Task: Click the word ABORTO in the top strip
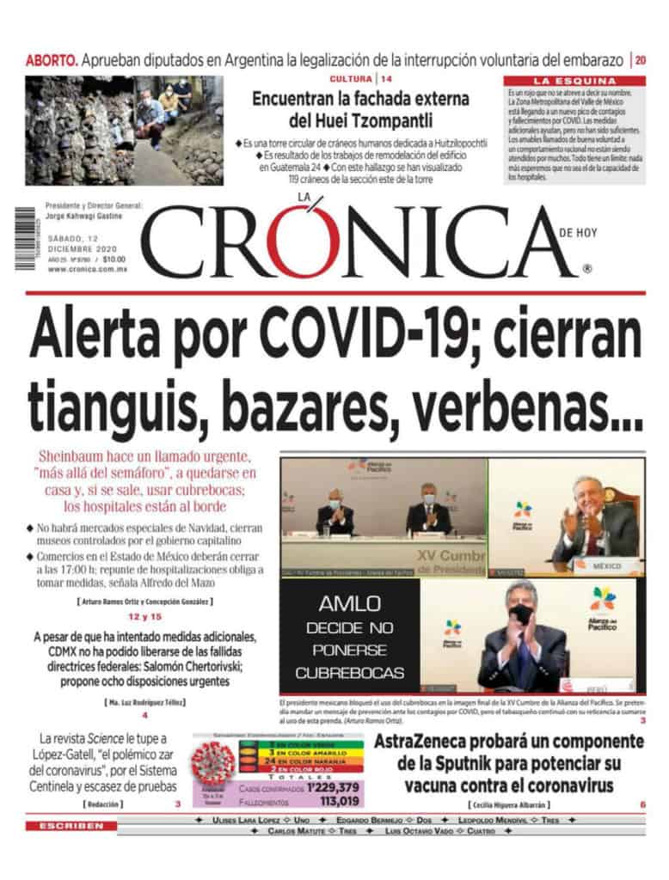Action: tap(52, 61)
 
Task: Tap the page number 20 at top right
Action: tap(641, 61)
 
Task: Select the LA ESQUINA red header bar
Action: tap(575, 81)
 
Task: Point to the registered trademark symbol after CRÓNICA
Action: tap(586, 268)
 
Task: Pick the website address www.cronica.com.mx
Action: tap(88, 269)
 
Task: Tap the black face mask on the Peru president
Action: tap(521, 614)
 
